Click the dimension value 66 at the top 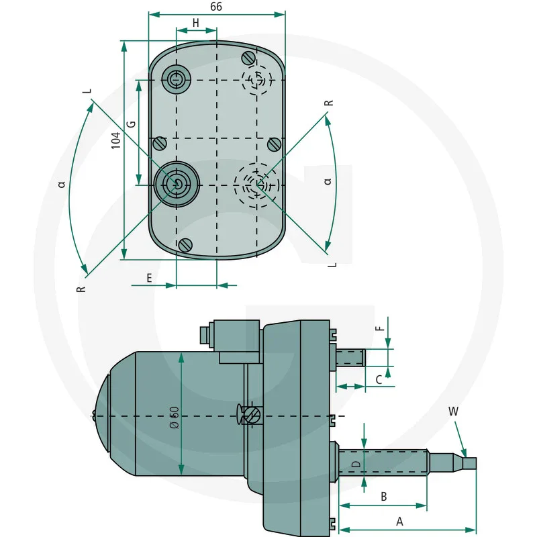(216, 7)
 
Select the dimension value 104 (116, 140)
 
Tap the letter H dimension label (196, 23)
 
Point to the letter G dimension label (132, 124)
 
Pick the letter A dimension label (399, 521)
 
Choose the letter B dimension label (383, 497)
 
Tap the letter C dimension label (379, 380)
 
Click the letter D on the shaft (356, 463)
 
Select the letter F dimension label (380, 329)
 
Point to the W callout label (453, 411)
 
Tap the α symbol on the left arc (62, 183)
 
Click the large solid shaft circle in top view (176, 183)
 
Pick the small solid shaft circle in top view (177, 79)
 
